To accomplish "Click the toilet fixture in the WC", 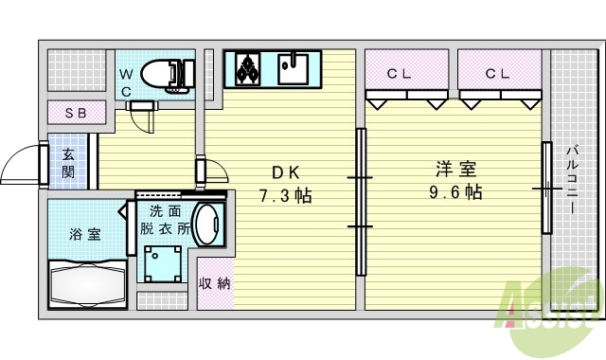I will pos(167,74).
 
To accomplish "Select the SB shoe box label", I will pos(76,113).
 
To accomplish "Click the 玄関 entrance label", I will pos(69,163).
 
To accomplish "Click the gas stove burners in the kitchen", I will pos(249,67).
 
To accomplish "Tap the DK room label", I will pos(286,173).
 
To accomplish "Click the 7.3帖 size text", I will pos(286,196).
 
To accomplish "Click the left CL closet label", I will pos(398,72).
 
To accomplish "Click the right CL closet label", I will pos(498,72).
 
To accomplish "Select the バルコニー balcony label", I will pos(574,185).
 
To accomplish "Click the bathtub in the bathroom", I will pos(86,281).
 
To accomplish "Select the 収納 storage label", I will pos(214,282).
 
